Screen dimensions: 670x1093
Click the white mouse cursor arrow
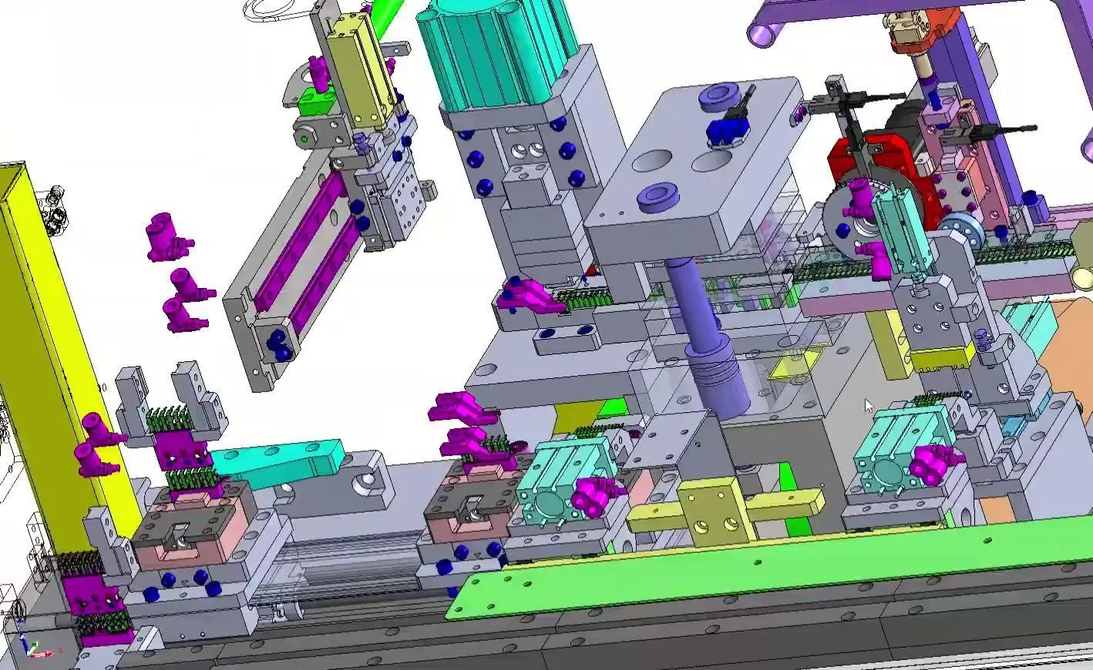869,405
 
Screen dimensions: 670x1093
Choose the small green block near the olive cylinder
314,101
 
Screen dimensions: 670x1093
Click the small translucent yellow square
794,364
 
